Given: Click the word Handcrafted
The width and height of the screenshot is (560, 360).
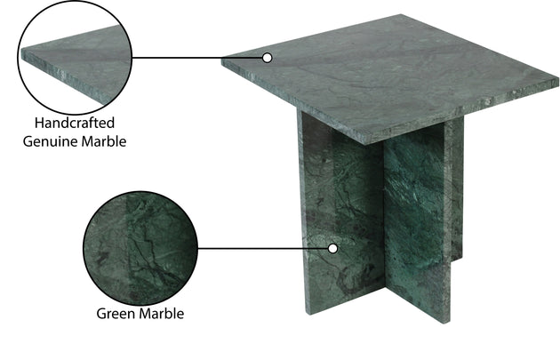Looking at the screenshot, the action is pos(75,124).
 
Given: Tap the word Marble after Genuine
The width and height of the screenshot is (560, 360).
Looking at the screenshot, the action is pos(104,141).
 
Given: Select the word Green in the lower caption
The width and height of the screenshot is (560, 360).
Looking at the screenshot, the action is pos(116,314).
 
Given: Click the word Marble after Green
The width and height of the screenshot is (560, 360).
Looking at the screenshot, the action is pos(162,314).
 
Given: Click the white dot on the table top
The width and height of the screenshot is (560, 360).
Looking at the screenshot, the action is pos(268,58).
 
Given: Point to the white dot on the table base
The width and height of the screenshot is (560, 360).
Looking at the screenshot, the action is pos(332,249).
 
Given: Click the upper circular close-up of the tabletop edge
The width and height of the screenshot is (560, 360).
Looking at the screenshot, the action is pos(75,57).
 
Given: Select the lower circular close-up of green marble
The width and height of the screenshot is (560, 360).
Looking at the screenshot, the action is pos(140,248).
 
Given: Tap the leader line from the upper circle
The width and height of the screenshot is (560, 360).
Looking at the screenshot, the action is pos(197,58).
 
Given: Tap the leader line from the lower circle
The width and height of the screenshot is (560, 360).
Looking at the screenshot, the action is pos(263,249).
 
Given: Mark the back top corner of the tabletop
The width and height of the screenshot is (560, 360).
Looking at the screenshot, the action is pos(400,15).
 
